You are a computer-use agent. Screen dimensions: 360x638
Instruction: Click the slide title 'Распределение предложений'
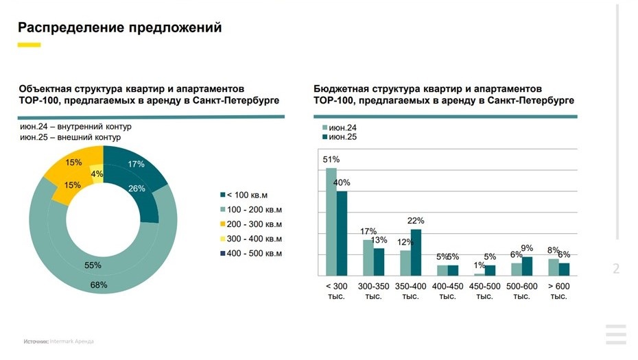120,27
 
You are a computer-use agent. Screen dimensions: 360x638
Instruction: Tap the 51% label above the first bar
331,159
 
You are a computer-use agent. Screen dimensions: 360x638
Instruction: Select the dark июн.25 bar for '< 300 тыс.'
342,233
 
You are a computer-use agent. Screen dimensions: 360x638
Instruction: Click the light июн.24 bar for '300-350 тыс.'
368,257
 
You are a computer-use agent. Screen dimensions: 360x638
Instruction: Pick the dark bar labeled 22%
416,252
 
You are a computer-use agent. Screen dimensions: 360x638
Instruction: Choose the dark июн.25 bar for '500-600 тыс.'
527,266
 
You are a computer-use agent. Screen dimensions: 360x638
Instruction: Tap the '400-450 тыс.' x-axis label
447,291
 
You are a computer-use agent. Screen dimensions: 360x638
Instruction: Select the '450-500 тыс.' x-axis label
484,291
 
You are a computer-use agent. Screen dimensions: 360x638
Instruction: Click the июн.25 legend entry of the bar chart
339,137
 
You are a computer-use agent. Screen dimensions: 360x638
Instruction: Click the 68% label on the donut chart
99,285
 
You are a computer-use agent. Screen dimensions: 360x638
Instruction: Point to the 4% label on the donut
97,173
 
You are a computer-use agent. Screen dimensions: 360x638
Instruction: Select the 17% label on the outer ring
136,164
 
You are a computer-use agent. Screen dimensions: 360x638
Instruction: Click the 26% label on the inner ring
137,189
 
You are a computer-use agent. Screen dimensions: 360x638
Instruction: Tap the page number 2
616,269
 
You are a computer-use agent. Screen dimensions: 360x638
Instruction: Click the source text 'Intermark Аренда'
71,341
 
